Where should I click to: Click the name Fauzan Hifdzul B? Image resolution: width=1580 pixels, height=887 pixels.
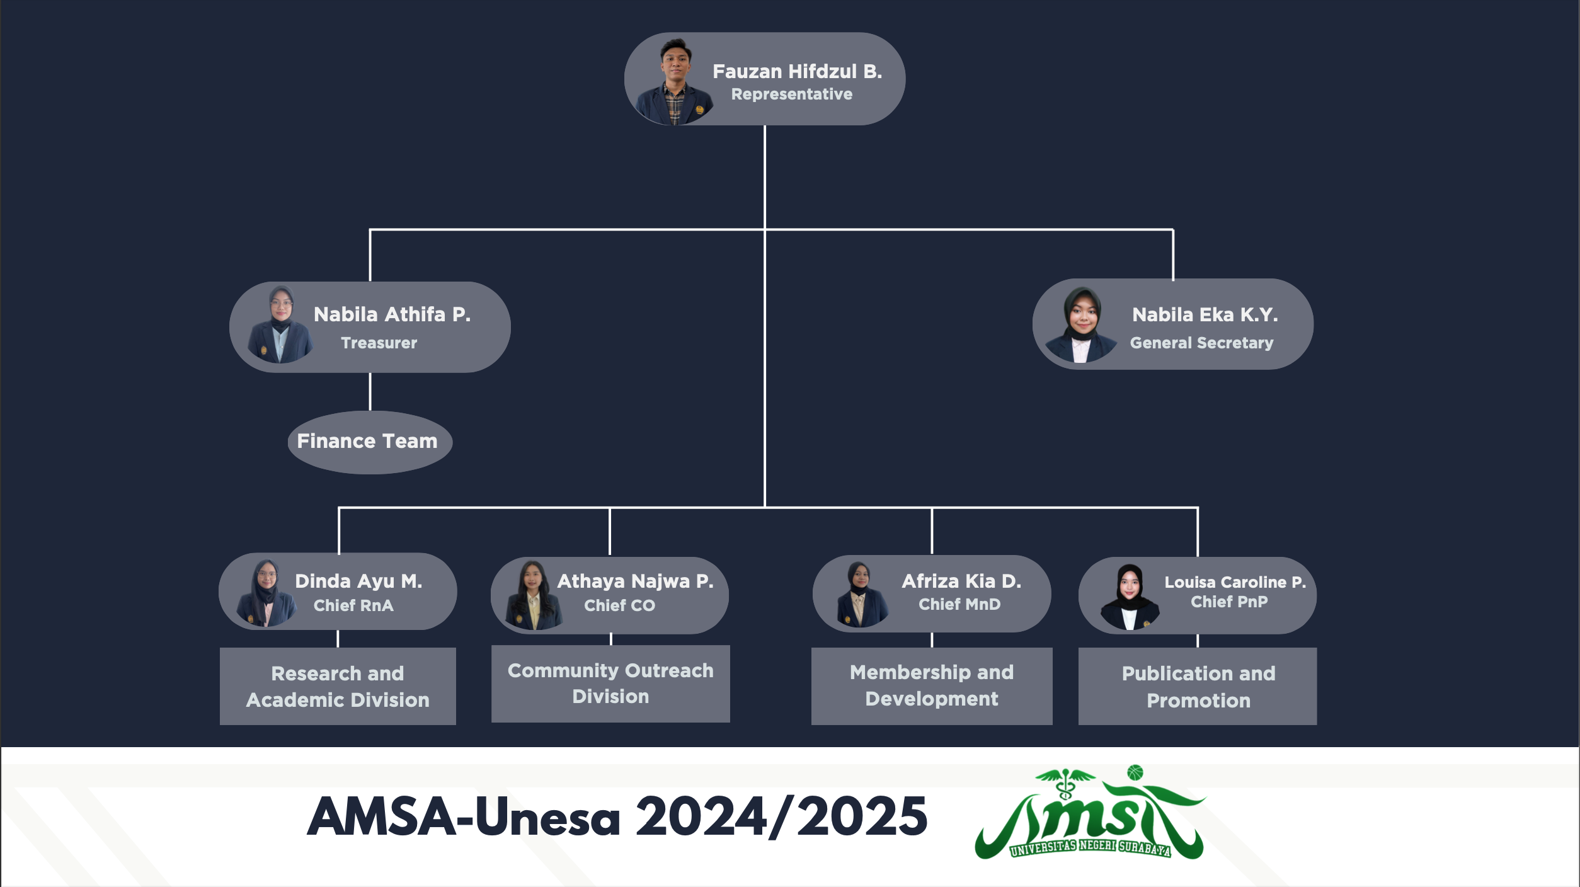797,72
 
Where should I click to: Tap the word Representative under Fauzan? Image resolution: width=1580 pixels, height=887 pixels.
791,94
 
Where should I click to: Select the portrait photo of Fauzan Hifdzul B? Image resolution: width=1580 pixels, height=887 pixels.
673,82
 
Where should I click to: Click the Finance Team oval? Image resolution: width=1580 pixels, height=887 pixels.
367,442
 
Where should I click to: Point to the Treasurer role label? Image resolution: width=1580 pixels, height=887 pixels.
379,343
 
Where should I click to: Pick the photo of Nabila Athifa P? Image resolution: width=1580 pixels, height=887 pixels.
280,326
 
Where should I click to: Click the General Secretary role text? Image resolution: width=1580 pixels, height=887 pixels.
1201,343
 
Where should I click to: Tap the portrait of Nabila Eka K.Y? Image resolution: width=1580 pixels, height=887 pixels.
1081,325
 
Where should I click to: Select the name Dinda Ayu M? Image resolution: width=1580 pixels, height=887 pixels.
358,581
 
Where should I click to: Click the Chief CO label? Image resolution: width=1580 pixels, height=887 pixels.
619,605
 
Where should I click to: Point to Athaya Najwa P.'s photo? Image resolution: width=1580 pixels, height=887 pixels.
532,595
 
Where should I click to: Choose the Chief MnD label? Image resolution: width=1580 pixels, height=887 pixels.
959,605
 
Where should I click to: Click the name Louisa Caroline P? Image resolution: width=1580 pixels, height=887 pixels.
1235,582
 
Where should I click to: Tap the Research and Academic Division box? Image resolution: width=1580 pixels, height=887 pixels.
338,687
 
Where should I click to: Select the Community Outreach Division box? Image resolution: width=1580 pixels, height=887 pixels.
610,684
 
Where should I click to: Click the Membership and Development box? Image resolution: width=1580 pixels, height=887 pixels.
931,686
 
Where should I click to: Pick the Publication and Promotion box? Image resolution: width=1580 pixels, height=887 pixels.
1198,687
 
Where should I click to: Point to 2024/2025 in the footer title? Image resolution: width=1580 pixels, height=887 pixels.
781,817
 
